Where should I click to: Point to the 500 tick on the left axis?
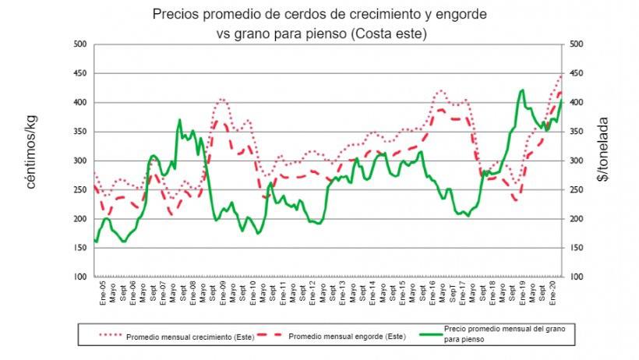pyautogui.click(x=79, y=44)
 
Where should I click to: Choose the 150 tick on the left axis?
pyautogui.click(x=79, y=249)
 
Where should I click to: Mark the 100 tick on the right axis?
pyautogui.click(x=574, y=277)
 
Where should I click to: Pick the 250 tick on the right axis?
pyautogui.click(x=574, y=190)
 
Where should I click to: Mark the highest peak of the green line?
pyautogui.click(x=521, y=90)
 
